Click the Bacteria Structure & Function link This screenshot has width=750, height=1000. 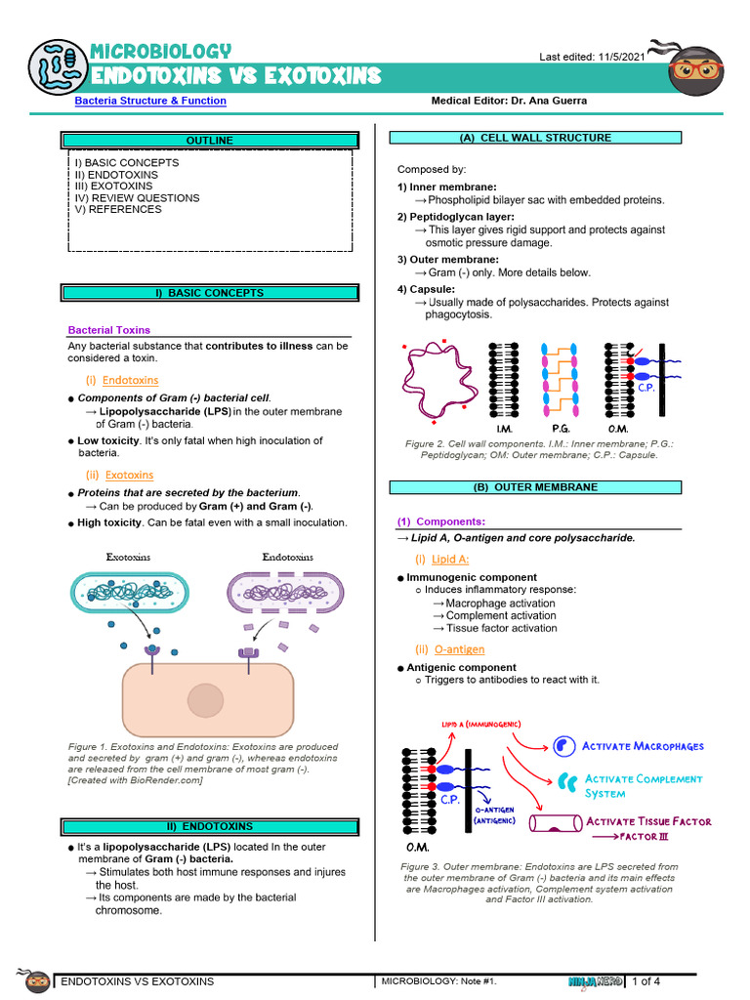coord(150,101)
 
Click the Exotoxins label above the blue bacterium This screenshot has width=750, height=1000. coord(129,557)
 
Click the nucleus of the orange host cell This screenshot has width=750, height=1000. coord(206,700)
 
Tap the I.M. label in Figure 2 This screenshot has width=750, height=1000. coord(505,429)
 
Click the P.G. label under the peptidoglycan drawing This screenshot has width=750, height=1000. coord(561,429)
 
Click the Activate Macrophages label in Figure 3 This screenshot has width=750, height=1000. coord(643,747)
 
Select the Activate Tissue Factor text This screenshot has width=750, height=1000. coord(648,821)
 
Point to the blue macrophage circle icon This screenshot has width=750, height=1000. coord(564,746)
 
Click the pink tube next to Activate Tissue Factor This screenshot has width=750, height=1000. coord(553,823)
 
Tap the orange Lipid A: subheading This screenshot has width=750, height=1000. coord(449,559)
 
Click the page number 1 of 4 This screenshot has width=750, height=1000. coord(646,980)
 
